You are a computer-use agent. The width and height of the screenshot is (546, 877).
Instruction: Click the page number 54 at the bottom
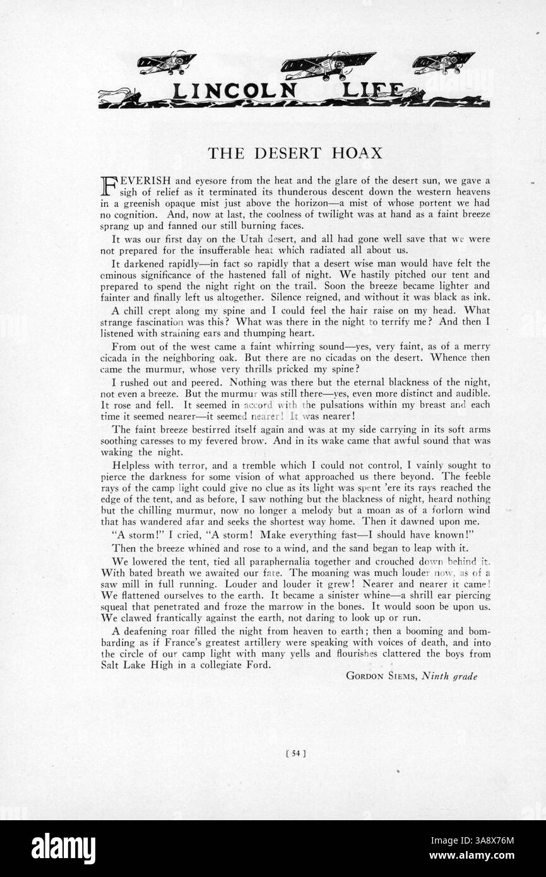(295, 751)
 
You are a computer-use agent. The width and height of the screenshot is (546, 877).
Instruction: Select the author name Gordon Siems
(381, 676)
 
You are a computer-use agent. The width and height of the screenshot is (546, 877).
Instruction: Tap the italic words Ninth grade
(450, 676)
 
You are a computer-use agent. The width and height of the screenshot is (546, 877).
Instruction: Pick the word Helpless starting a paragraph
(131, 465)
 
